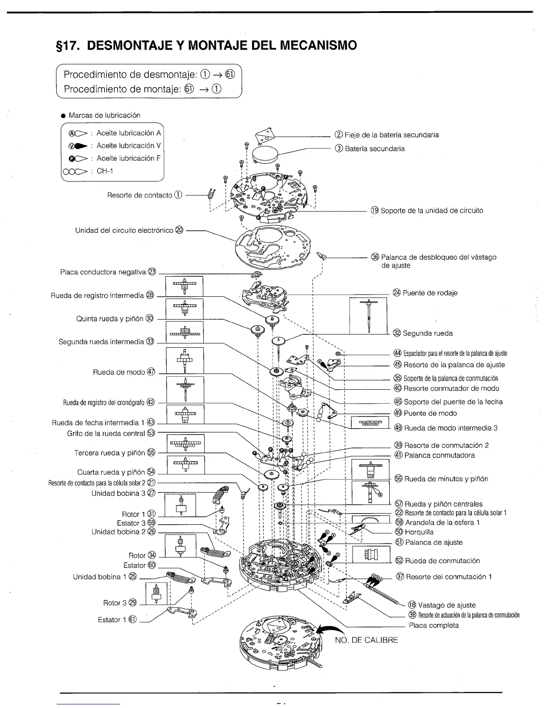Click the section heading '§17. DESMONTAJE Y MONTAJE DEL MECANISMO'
point(206,46)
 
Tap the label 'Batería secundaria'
point(374,148)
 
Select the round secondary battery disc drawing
point(265,154)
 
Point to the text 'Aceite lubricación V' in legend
point(128,146)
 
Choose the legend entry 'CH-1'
point(105,171)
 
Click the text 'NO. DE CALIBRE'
point(366,640)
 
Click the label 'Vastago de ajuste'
point(446,605)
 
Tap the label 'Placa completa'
point(433,625)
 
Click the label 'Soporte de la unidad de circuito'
point(431,211)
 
